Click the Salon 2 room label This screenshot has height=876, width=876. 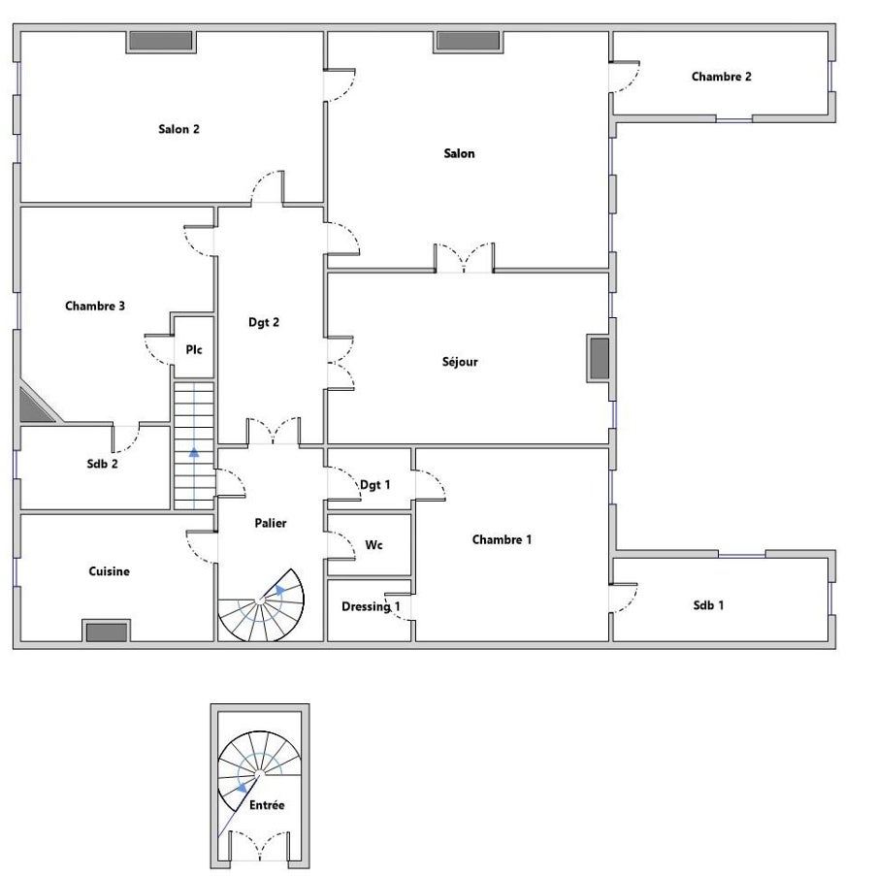pos(178,129)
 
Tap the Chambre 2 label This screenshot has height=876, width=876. pos(721,77)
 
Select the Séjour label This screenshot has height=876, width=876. pos(460,362)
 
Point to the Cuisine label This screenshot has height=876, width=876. pos(109,571)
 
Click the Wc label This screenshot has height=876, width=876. pos(373,544)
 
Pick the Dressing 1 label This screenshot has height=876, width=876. pos(371,606)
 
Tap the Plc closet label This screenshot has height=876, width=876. pos(194,350)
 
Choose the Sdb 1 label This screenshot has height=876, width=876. pos(708,605)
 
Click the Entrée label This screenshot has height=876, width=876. pos(267,805)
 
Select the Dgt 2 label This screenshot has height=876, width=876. pos(264,322)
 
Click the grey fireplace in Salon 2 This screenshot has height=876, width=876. pos(161,41)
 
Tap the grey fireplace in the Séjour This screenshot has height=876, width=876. pos(600,358)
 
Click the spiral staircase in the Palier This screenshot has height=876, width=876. pos(261,605)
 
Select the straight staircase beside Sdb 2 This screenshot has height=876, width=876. pos(194,446)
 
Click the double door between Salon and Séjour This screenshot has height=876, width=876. pos(465,258)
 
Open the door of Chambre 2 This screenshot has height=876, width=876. pos(625,77)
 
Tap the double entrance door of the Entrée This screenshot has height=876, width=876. pos(260,846)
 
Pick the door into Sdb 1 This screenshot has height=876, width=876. pos(624,599)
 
